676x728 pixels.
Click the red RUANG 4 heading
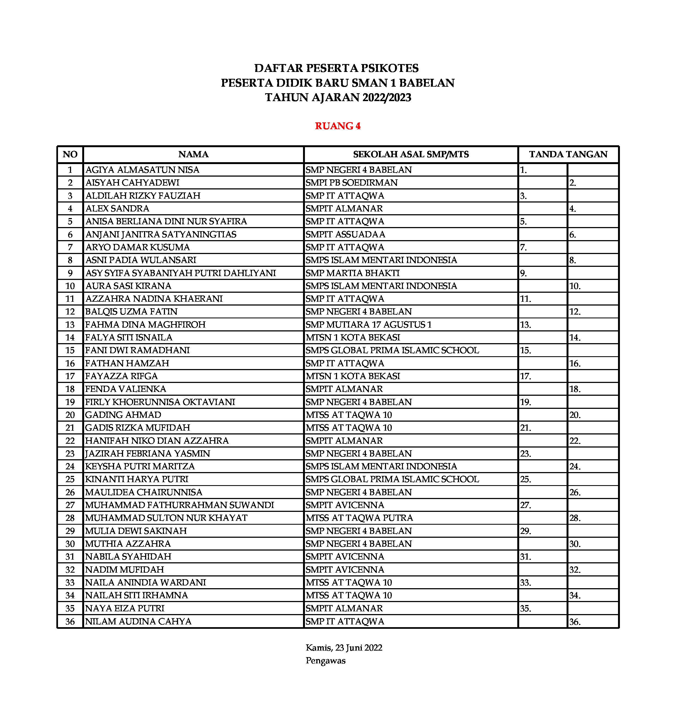coord(338,126)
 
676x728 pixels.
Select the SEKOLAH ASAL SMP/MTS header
coord(411,154)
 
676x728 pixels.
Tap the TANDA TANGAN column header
coord(568,154)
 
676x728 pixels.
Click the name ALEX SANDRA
coord(117,208)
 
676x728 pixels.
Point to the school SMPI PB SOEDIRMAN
coord(351,182)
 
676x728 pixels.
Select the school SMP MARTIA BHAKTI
coord(353,273)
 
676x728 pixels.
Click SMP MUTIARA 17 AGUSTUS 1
coord(369,324)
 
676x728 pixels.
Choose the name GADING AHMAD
coord(123,415)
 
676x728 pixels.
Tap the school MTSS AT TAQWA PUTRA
coord(359,518)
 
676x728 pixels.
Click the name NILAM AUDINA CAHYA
coord(138,621)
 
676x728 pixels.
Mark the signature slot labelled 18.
coord(575,389)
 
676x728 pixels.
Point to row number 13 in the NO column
coord(70,324)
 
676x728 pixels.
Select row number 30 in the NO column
coord(70,544)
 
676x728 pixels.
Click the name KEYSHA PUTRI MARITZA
coord(140,466)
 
